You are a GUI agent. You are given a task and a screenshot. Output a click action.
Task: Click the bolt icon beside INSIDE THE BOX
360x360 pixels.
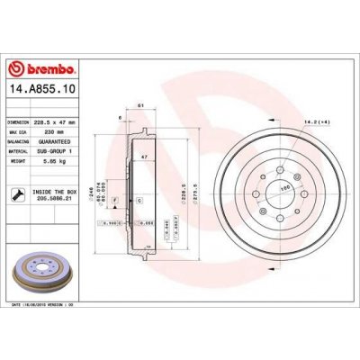tap(20, 193)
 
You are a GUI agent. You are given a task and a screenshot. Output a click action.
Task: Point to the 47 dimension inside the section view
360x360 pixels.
tap(142, 157)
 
